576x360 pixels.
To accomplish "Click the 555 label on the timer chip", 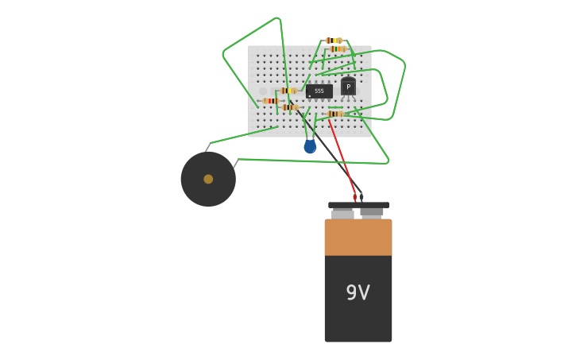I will pyautogui.click(x=319, y=91).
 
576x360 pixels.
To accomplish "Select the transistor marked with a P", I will pyautogui.click(x=348, y=87).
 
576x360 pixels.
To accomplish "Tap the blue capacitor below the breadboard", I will pyautogui.click(x=310, y=146).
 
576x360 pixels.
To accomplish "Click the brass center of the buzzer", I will pyautogui.click(x=208, y=179).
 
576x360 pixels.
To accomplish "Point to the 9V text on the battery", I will pyautogui.click(x=358, y=292).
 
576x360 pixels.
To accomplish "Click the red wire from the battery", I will pyautogui.click(x=342, y=155).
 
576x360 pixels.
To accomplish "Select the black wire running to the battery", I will pyautogui.click(x=330, y=155).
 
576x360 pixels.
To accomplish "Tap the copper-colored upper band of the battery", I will pyautogui.click(x=358, y=237).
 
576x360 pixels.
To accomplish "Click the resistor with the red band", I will pyautogui.click(x=270, y=101).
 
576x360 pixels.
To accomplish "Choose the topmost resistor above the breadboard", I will pyautogui.click(x=334, y=41).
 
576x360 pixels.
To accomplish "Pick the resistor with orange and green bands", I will pyautogui.click(x=338, y=49).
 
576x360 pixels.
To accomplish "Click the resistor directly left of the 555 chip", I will pyautogui.click(x=288, y=91).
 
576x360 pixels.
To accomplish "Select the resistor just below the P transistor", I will pyautogui.click(x=335, y=114).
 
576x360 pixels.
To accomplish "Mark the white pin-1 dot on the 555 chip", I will pyautogui.click(x=310, y=96).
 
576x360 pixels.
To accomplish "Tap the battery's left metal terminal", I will pyautogui.click(x=342, y=213).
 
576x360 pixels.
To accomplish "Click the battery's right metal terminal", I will pyautogui.click(x=372, y=212).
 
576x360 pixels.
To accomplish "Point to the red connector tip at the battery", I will pyautogui.click(x=354, y=196).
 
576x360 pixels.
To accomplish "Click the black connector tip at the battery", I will pyautogui.click(x=361, y=196).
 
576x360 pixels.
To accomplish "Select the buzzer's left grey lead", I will pyautogui.click(x=207, y=147).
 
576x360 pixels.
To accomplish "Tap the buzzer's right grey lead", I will pyautogui.click(x=235, y=164).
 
